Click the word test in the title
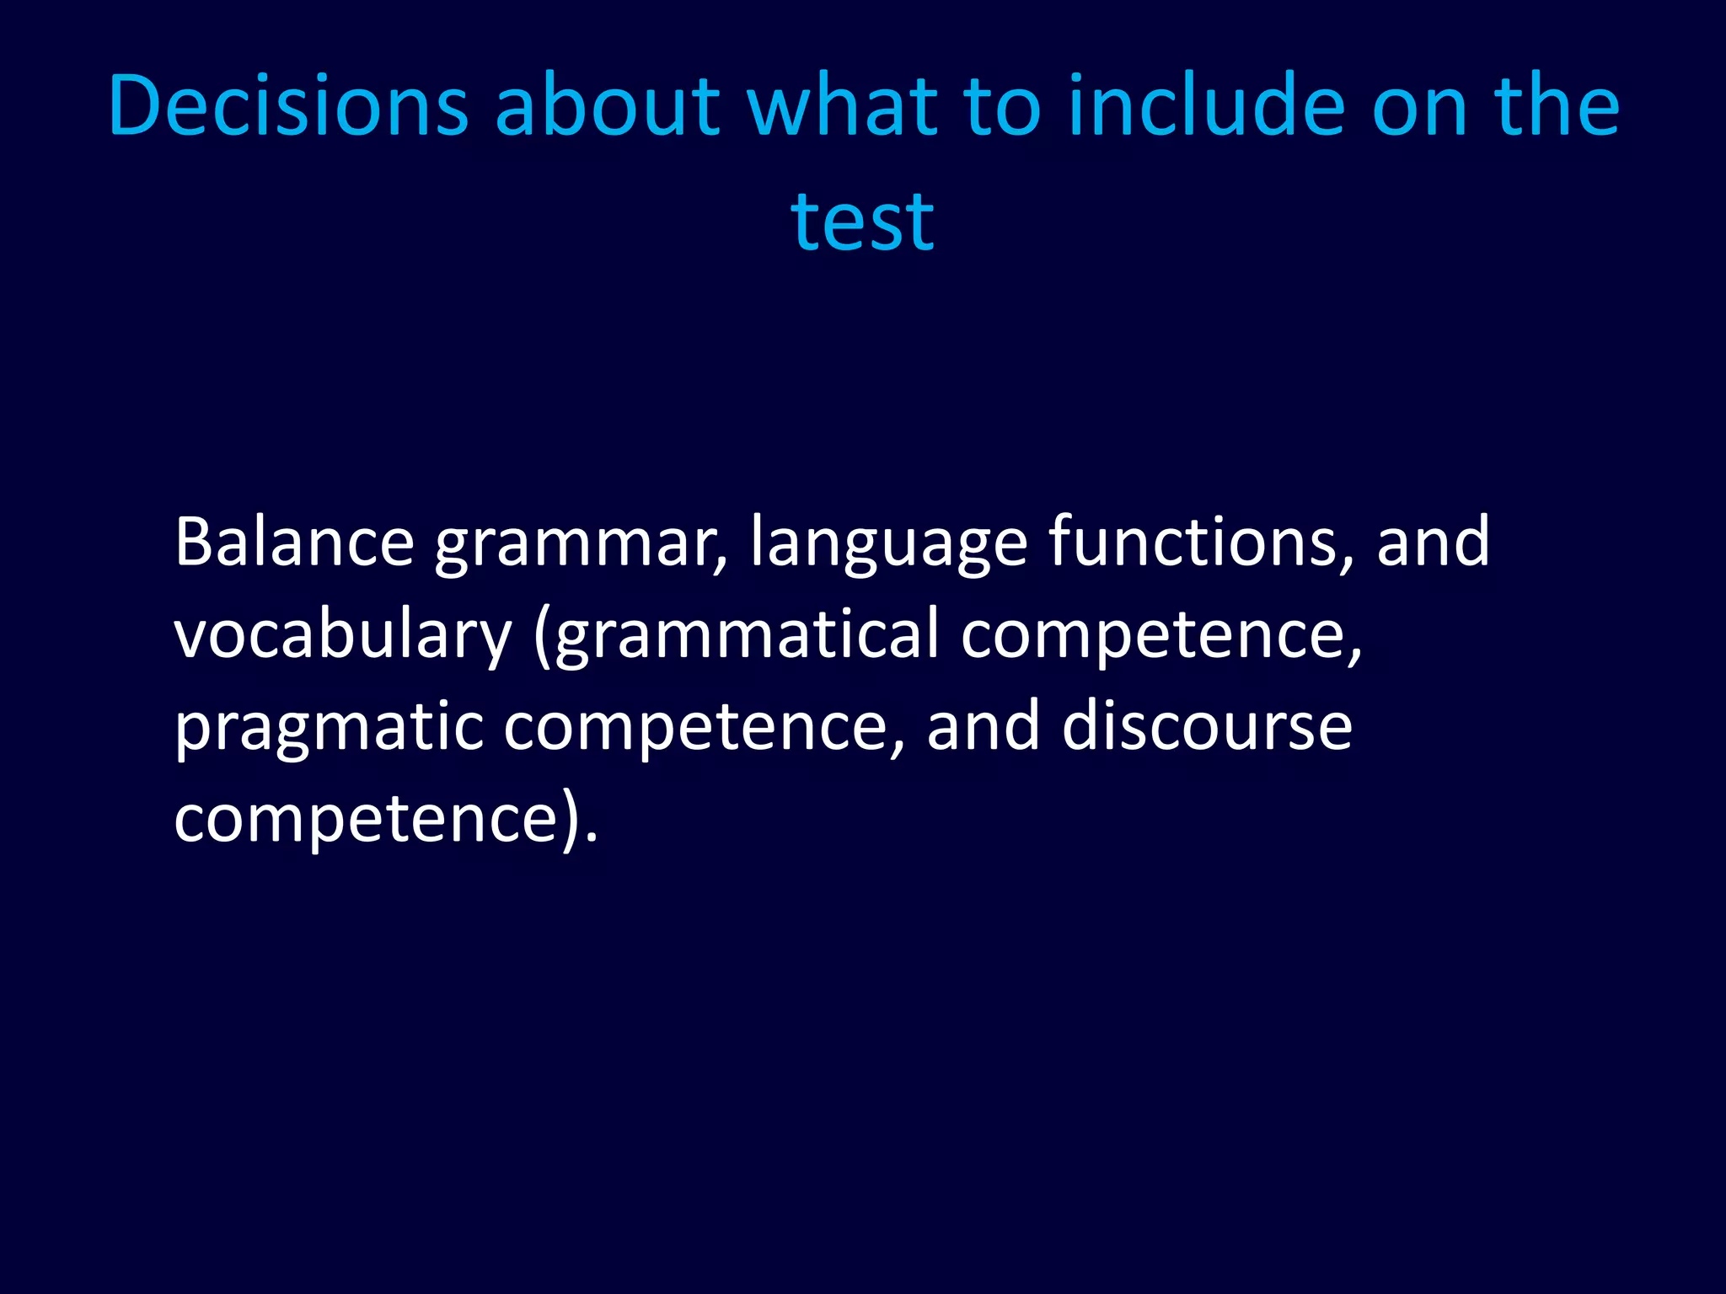tap(862, 221)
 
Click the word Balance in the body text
tap(294, 542)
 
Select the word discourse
tap(1207, 726)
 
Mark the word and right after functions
tap(1433, 542)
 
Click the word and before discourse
tap(983, 726)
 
